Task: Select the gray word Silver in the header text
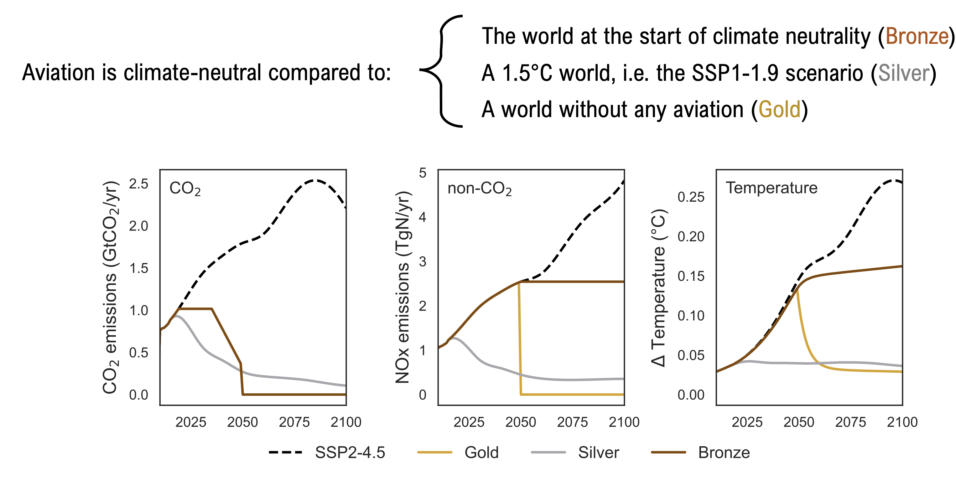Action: tap(904, 73)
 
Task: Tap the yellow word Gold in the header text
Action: tap(779, 110)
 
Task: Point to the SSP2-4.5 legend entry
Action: tap(327, 453)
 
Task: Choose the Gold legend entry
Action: tap(458, 453)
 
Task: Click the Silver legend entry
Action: tap(575, 453)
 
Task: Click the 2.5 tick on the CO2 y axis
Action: tap(138, 184)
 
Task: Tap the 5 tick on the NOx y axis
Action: tap(422, 173)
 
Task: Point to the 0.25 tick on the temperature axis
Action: tap(691, 197)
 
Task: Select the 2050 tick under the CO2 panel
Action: tap(242, 422)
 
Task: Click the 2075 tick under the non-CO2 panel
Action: tap(572, 422)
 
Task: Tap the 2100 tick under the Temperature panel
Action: tap(902, 422)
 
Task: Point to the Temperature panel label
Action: tap(772, 188)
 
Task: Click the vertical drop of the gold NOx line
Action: tap(520, 338)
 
